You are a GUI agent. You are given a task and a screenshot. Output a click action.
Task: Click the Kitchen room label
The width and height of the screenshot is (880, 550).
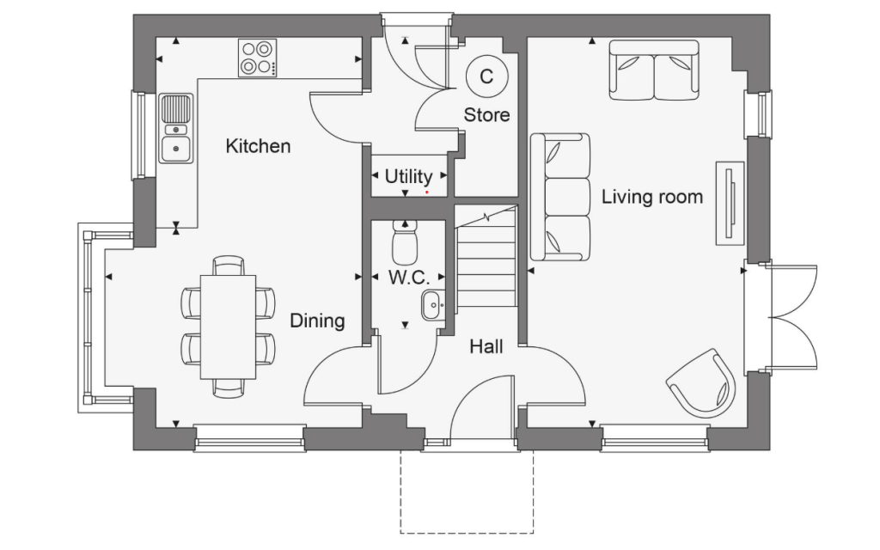(258, 146)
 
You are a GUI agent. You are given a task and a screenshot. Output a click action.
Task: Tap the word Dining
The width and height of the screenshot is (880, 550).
(316, 321)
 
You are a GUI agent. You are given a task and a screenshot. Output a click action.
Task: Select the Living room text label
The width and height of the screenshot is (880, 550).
(651, 197)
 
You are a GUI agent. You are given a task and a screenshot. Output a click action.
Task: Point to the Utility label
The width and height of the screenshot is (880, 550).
(408, 176)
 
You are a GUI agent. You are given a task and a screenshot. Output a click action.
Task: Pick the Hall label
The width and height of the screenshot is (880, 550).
(486, 346)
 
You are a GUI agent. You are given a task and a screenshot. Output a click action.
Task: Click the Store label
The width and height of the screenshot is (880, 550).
(486, 114)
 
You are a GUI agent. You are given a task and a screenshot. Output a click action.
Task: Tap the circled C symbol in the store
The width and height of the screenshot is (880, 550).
(486, 76)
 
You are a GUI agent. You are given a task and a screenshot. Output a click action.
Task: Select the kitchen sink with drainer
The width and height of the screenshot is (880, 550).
(175, 129)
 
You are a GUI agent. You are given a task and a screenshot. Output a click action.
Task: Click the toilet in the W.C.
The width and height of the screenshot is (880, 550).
(404, 242)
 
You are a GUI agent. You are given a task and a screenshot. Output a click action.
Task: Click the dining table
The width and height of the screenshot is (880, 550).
(228, 327)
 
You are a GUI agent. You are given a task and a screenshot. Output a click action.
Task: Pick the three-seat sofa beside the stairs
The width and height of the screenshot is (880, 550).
(560, 197)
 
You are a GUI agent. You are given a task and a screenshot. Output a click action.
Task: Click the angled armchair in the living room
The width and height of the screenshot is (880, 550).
(702, 384)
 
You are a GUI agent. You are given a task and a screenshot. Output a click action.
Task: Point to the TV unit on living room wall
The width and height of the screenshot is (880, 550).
(729, 204)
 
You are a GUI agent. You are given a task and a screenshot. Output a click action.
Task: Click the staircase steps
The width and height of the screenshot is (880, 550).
(486, 266)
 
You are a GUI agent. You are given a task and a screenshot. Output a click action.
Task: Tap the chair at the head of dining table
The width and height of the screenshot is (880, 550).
(228, 265)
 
